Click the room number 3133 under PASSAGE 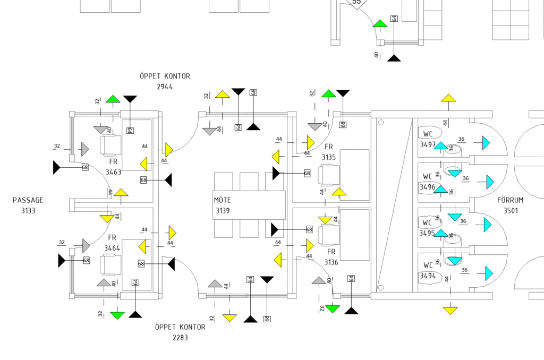click(x=28, y=211)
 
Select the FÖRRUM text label click(x=511, y=200)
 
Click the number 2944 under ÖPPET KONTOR click(x=165, y=87)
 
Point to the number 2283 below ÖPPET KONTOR click(x=180, y=337)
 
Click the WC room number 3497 click(x=428, y=144)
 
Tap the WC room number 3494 click(x=428, y=276)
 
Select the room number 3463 click(x=114, y=172)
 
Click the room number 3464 click(x=112, y=248)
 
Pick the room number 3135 click(x=329, y=157)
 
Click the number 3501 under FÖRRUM click(x=511, y=211)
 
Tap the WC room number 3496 click(x=428, y=187)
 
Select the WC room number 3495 click(x=428, y=233)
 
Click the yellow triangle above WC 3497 click(x=449, y=98)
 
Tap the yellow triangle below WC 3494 click(x=450, y=310)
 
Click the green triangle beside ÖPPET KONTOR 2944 click(x=113, y=99)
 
